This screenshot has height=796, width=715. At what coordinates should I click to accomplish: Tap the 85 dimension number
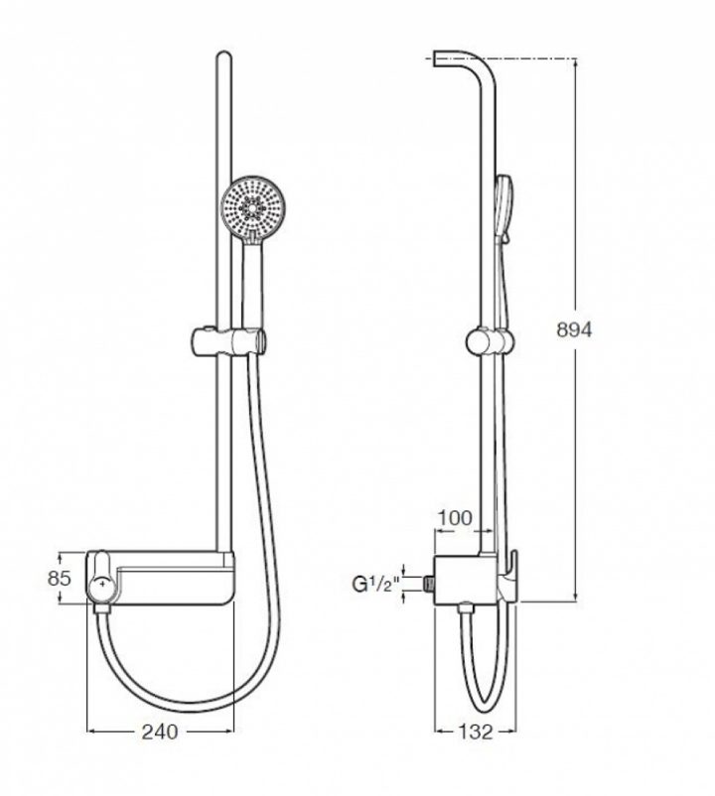[x=59, y=577]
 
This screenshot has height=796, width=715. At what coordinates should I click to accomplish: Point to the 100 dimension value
[x=456, y=518]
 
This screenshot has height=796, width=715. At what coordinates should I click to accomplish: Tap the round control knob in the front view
[x=101, y=589]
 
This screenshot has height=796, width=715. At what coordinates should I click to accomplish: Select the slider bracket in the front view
[x=227, y=342]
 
